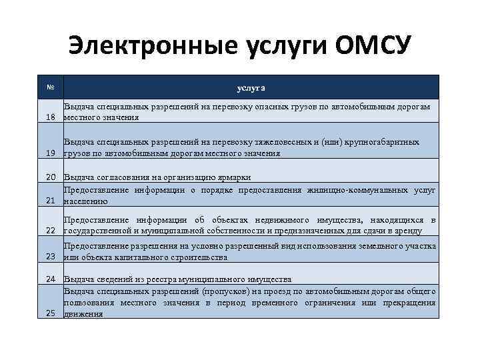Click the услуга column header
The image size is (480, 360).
click(251, 87)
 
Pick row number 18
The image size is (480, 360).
click(50, 117)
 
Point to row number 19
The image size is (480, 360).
click(50, 153)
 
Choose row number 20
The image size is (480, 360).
click(50, 177)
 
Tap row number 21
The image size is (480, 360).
click(50, 201)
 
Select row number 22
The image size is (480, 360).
click(50, 231)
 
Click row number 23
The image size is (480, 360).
click(50, 257)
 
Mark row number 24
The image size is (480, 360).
click(50, 279)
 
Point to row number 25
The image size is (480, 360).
click(50, 313)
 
